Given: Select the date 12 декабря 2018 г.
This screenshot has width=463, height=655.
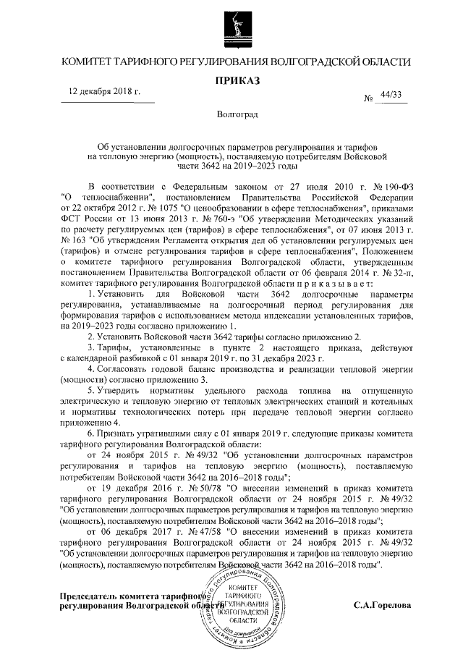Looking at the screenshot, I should point(104,93).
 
